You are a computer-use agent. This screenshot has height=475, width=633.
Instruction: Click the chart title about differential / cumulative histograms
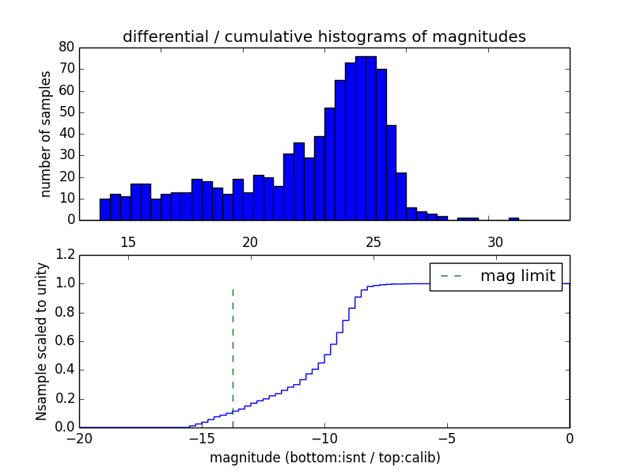[324, 36]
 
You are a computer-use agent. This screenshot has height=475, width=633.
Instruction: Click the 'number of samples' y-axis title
[46, 134]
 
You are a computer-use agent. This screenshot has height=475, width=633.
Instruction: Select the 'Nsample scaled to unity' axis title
[42, 342]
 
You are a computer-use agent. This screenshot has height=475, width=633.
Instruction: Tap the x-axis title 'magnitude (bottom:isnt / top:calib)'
[324, 458]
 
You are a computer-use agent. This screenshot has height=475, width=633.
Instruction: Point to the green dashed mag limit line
[233, 348]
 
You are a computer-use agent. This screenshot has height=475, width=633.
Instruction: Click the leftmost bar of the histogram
[104, 210]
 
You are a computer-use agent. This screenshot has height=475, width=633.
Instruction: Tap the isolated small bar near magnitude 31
[514, 218]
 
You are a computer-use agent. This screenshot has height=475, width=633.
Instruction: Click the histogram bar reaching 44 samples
[391, 173]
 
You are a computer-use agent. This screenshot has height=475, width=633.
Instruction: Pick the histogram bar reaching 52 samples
[329, 164]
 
